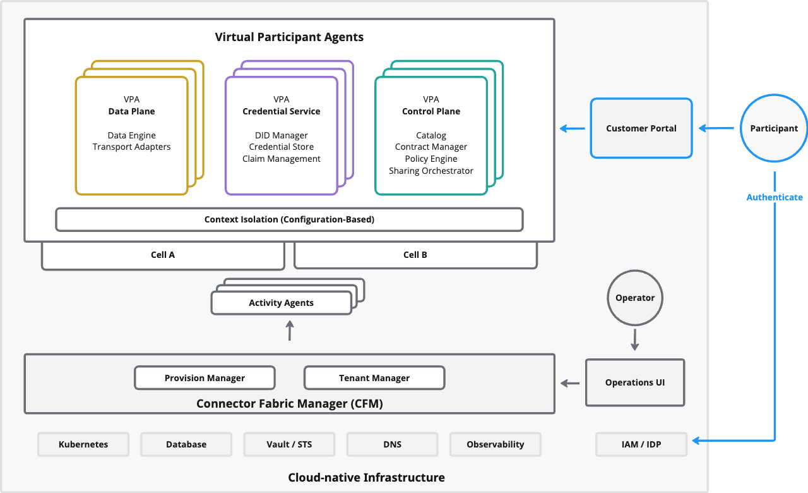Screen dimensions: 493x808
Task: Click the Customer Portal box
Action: coord(641,128)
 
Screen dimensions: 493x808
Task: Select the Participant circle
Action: coord(774,128)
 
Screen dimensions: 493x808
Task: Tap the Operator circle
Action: coord(635,298)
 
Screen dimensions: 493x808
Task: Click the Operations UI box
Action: coord(634,382)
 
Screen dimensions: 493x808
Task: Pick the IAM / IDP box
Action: coord(641,444)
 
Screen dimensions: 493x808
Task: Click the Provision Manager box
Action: coord(205,378)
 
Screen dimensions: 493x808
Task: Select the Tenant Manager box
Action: coord(374,378)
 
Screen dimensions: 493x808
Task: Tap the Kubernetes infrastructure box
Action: coord(83,444)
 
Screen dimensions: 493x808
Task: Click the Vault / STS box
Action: coord(289,444)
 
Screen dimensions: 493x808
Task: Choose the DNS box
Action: coord(392,444)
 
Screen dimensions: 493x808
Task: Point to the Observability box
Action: coord(495,444)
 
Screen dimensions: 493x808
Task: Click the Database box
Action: coord(186,444)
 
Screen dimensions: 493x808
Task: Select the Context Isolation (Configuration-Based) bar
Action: coord(289,219)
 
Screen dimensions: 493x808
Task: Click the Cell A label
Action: coord(163,255)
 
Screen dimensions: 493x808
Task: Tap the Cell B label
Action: coord(415,255)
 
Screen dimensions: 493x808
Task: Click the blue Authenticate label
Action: coord(775,197)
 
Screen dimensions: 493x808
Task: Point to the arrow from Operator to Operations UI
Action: coord(635,339)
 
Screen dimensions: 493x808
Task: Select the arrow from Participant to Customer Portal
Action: coord(716,128)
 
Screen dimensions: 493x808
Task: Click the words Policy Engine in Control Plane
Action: coord(431,159)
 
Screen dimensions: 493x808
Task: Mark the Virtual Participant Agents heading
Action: coord(289,37)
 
